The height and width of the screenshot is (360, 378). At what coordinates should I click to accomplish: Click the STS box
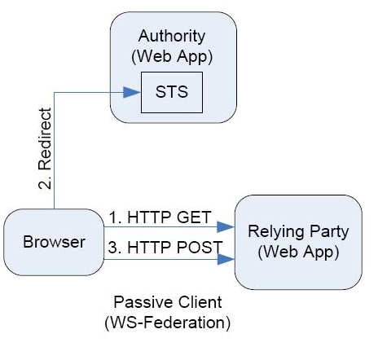point(172,92)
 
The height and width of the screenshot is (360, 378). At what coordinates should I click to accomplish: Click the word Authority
point(172,36)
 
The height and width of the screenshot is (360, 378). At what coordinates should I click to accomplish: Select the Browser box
point(54,242)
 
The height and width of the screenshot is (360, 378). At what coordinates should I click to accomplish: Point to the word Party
point(329,232)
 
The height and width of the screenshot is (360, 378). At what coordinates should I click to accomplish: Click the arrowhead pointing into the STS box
point(132,92)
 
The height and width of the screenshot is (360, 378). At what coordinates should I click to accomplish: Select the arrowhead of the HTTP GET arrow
point(226,227)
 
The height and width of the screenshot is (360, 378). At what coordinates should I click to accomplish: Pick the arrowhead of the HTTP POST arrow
point(226,259)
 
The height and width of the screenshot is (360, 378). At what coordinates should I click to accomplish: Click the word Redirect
point(45,139)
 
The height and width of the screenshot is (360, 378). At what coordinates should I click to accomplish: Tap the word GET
point(194,217)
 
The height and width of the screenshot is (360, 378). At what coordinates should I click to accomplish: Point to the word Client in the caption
point(200,302)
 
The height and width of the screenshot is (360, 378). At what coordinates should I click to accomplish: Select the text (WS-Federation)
point(168,323)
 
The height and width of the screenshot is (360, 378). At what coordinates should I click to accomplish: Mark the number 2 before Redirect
point(45,182)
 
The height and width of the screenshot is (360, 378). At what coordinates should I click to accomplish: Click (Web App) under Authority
point(172,56)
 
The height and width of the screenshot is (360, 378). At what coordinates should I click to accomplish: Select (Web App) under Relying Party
point(298,252)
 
